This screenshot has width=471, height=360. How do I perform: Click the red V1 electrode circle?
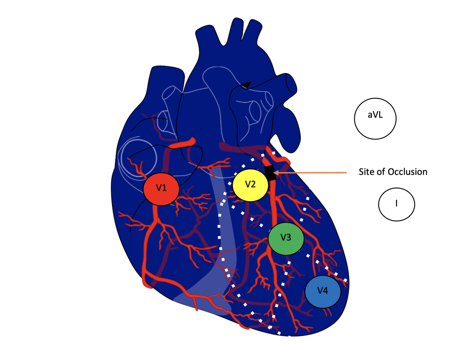(x=161, y=188)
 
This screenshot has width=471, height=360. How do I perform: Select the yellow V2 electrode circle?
(x=250, y=185)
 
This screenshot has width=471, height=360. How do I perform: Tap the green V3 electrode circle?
(x=286, y=238)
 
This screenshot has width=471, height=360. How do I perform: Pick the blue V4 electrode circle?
(x=323, y=292)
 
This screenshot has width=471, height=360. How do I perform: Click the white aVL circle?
(x=375, y=118)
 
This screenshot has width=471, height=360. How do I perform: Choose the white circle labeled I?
(x=396, y=204)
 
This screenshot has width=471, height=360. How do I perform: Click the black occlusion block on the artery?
(x=270, y=173)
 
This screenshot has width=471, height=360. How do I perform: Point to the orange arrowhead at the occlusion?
(x=276, y=173)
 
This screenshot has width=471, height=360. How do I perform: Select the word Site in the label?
(x=367, y=172)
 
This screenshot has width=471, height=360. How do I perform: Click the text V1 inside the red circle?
(x=161, y=188)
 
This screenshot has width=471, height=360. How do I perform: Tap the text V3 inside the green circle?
(x=286, y=237)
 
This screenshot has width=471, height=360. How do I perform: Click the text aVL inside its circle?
(x=375, y=115)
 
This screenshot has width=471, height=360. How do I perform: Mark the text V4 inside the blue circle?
(x=323, y=290)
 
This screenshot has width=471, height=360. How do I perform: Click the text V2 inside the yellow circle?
(x=250, y=184)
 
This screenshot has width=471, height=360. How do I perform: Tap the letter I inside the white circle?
(x=396, y=203)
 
